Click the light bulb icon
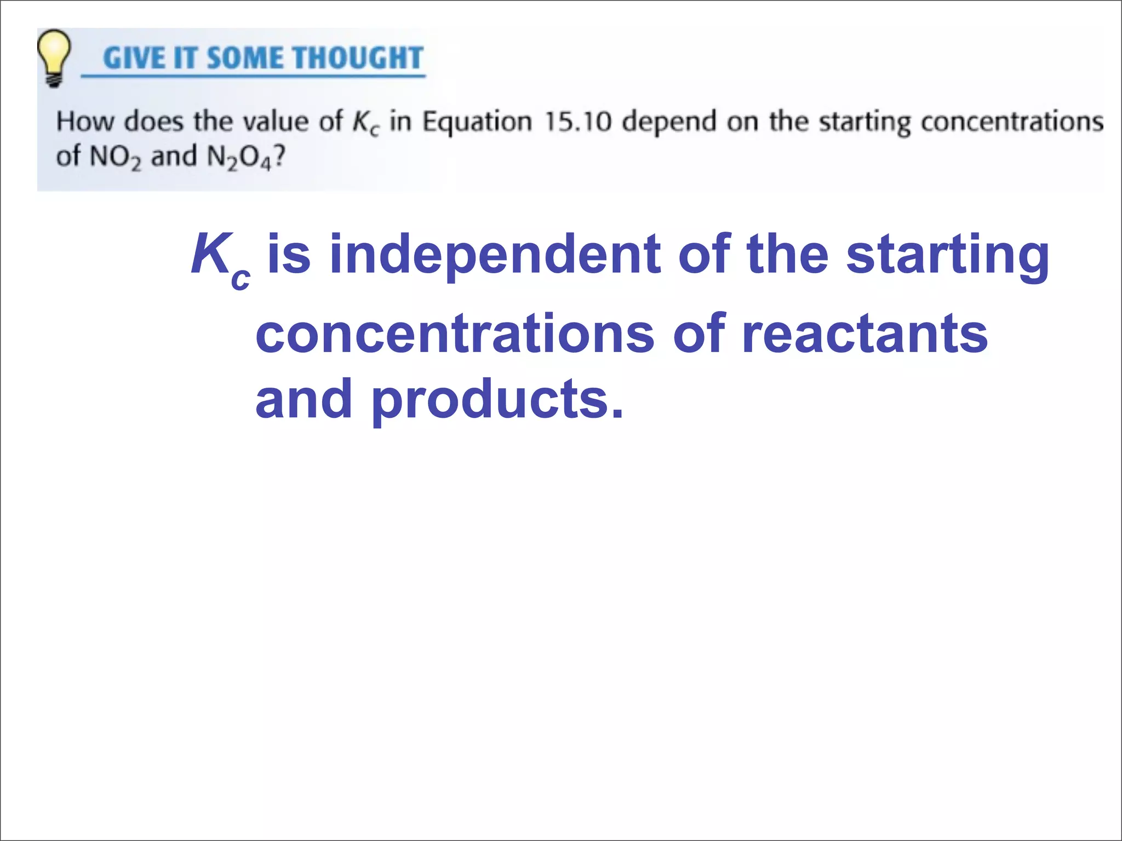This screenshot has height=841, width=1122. (x=54, y=57)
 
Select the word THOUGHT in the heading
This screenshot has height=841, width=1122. (x=359, y=58)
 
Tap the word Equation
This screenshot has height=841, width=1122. (x=477, y=122)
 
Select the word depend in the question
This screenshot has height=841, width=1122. (x=669, y=122)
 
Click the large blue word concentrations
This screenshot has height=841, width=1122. (x=455, y=334)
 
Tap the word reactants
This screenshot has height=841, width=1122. (x=865, y=334)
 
